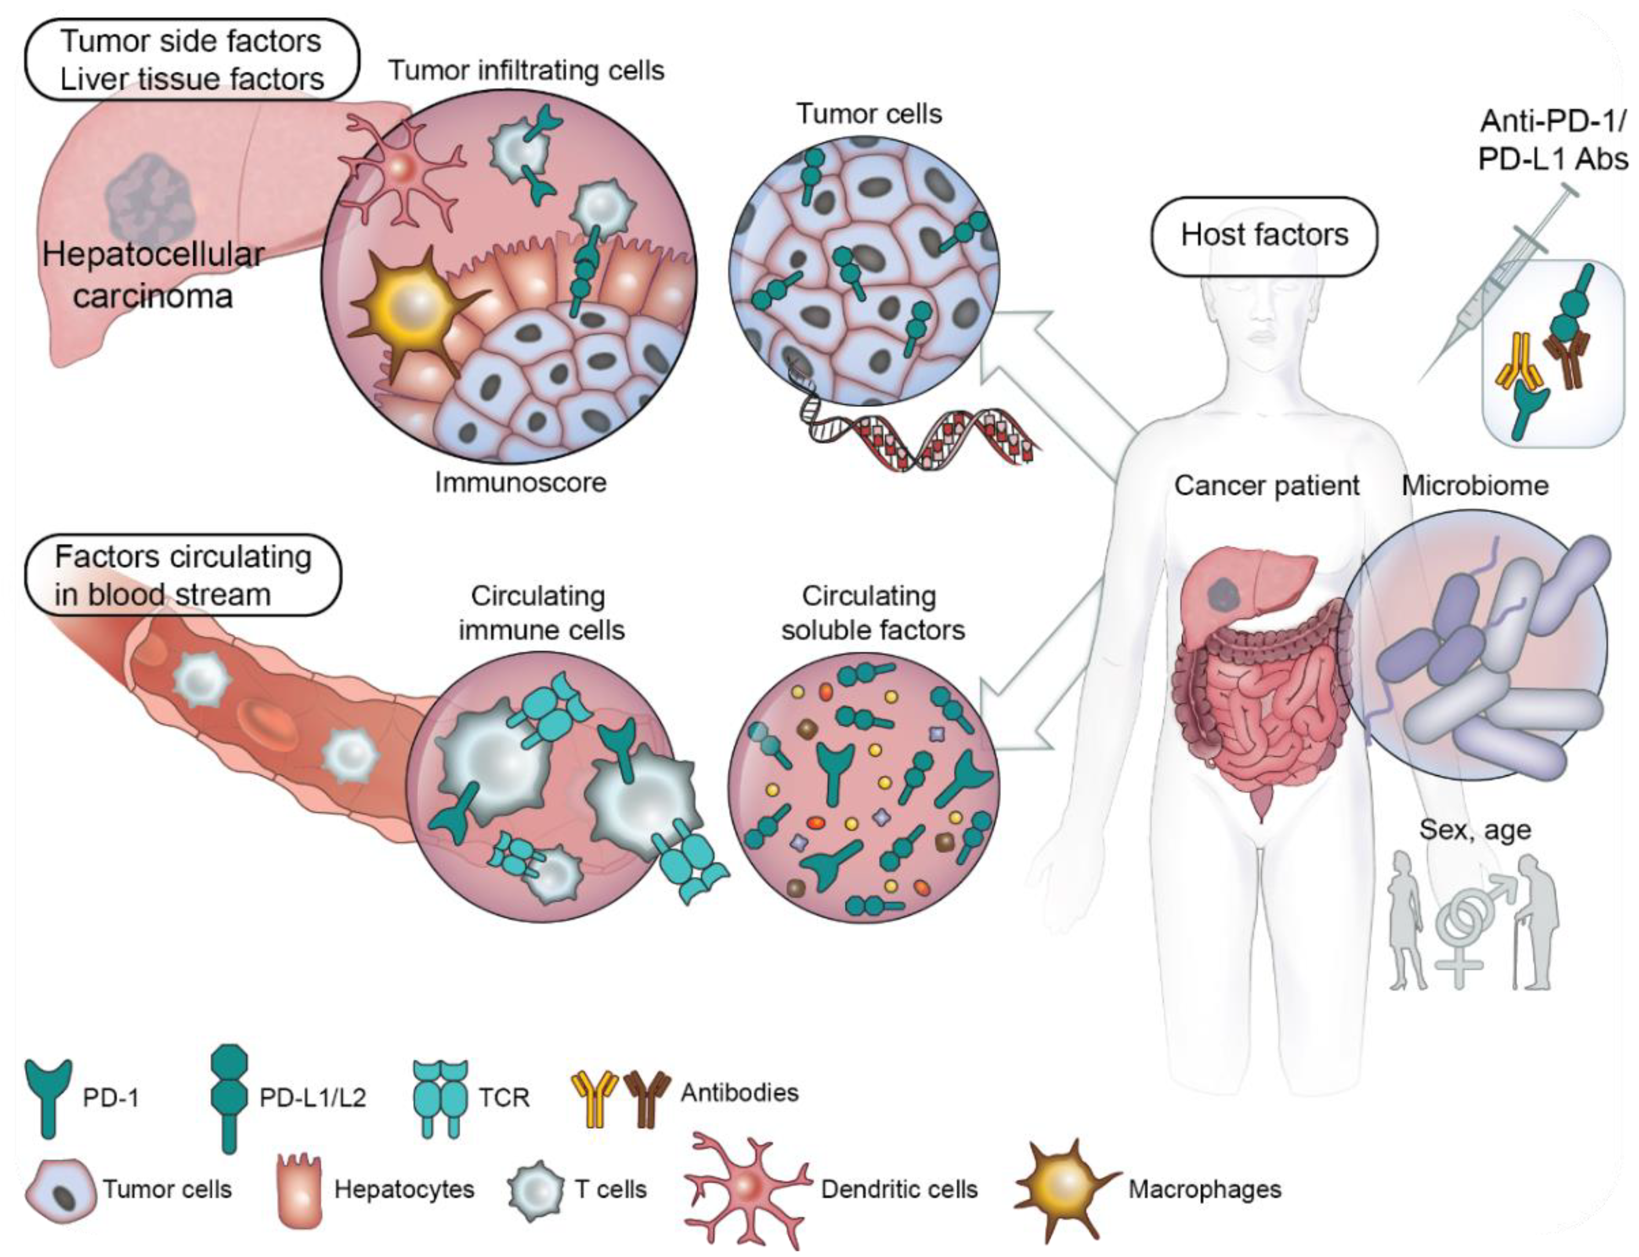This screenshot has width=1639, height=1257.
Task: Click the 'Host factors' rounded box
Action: [x=1263, y=236]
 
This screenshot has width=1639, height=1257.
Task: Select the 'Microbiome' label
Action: [x=1474, y=486]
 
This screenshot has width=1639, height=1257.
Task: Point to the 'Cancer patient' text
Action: [x=1266, y=486]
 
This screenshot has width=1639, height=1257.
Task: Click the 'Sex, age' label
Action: [x=1475, y=830]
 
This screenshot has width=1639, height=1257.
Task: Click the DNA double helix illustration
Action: [x=920, y=434]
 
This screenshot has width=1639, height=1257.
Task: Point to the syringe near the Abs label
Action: [x=1489, y=284]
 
